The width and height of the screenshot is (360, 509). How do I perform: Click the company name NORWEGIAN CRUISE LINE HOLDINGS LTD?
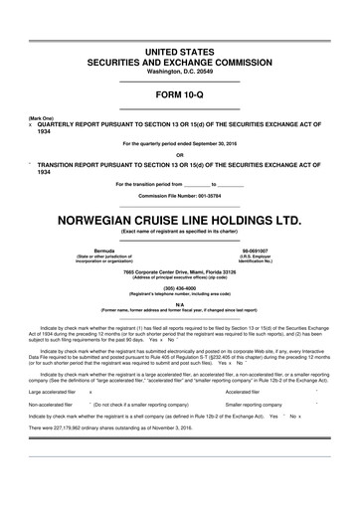pyautogui.click(x=179, y=216)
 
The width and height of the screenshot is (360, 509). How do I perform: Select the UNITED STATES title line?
pyautogui.click(x=179, y=50)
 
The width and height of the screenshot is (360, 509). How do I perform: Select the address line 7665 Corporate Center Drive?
pyautogui.click(x=179, y=271)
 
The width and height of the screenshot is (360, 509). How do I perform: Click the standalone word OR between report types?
pyautogui.click(x=179, y=152)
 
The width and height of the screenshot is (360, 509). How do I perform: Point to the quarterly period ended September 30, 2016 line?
pyautogui.click(x=179, y=143)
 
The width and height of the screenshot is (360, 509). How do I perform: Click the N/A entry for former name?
pyautogui.click(x=179, y=304)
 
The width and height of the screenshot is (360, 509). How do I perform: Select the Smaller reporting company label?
pyautogui.click(x=254, y=406)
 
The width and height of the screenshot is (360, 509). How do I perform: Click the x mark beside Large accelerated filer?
pyautogui.click(x=91, y=392)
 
